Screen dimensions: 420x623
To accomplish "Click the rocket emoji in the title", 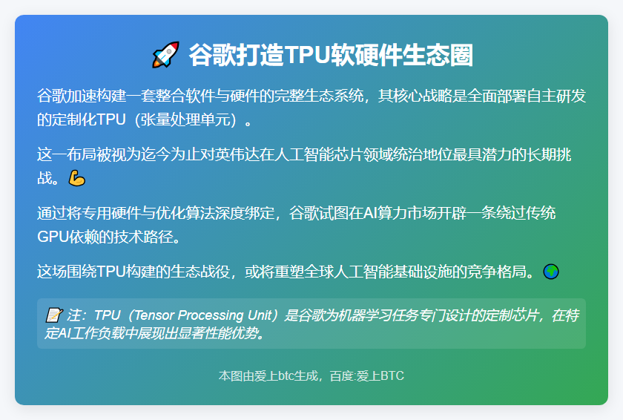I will [x=165, y=56].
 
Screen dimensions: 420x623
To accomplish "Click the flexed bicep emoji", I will [x=77, y=177].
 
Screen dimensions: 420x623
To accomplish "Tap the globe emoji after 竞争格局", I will [x=550, y=272].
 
